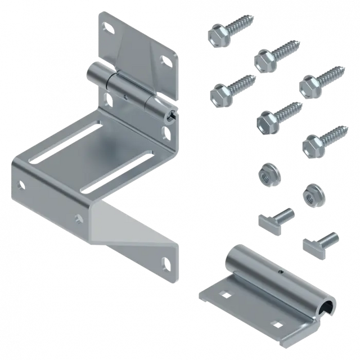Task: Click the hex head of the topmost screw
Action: point(215,35)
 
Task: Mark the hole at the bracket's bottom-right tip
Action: point(166,260)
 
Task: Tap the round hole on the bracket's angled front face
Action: point(78,216)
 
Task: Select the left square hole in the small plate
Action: point(224,294)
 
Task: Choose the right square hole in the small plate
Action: point(276,325)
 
